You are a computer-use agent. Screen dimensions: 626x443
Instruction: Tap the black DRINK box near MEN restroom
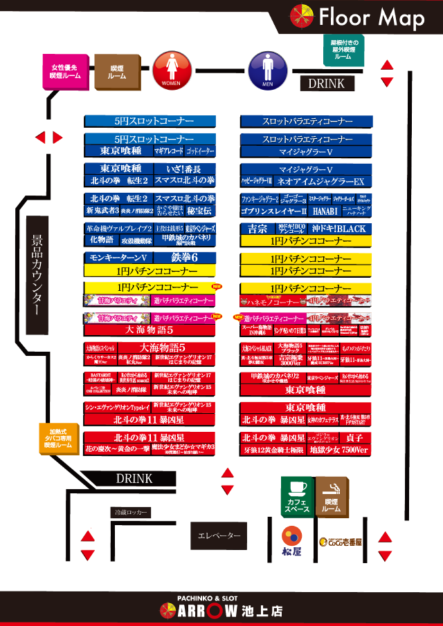(x=327, y=84)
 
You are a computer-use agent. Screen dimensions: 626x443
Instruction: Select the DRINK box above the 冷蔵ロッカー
(x=134, y=478)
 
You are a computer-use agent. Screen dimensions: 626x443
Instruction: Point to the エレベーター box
(x=219, y=535)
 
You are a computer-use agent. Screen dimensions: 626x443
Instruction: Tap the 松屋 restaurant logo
(x=291, y=541)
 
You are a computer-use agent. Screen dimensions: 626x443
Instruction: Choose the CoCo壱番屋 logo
(x=340, y=542)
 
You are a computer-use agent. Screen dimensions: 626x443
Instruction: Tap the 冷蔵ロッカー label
(x=131, y=513)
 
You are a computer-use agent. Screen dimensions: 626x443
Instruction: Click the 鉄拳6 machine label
(x=185, y=257)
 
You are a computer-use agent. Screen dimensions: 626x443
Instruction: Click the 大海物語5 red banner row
(x=150, y=330)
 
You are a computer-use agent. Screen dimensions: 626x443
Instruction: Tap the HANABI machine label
(x=325, y=211)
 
